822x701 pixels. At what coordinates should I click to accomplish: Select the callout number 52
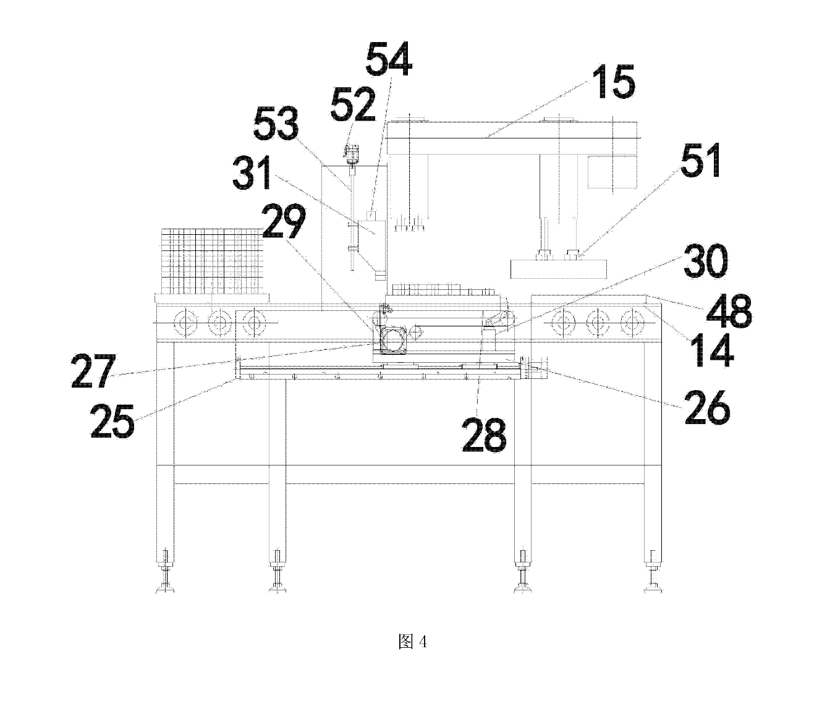[353, 104]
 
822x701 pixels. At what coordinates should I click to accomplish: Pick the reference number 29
[284, 221]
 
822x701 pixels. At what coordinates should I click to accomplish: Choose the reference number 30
[706, 261]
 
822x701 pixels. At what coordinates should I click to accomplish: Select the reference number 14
[714, 350]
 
